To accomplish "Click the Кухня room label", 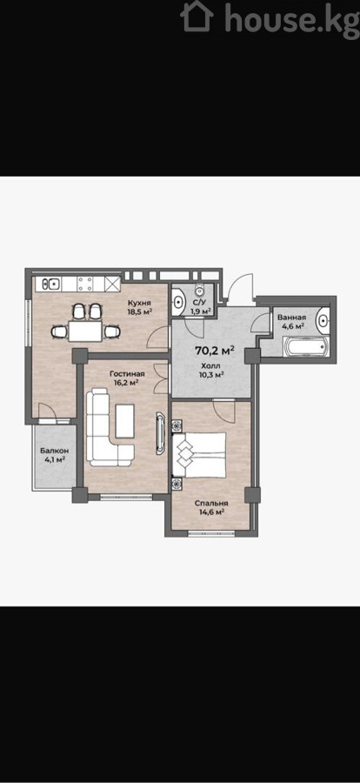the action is (x=139, y=303).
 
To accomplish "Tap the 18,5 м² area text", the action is (x=140, y=312).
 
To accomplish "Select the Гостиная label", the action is (x=127, y=373).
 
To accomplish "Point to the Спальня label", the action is (x=211, y=503).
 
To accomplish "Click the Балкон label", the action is (x=55, y=451).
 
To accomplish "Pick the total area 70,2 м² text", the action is (x=215, y=351).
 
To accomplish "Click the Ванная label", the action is (x=291, y=317).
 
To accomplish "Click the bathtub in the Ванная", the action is (x=305, y=346).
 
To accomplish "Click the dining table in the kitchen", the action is (x=85, y=331).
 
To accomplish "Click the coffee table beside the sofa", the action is (x=125, y=421).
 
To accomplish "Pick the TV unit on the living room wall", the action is (x=160, y=433).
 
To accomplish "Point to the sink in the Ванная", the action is (x=323, y=320).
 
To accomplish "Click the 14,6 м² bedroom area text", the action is (x=210, y=512).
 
